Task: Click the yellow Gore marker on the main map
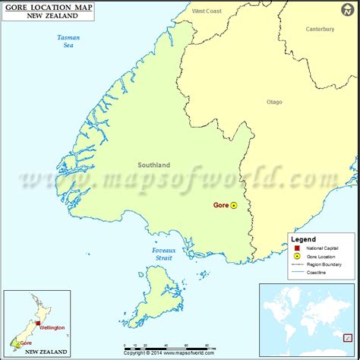(234, 205)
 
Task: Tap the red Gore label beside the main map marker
(220, 205)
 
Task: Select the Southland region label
(153, 165)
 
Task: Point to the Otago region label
(274, 101)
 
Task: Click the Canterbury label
(320, 30)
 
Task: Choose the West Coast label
(207, 11)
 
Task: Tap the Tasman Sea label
(68, 42)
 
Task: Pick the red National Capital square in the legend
(295, 248)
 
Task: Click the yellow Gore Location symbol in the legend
(295, 255)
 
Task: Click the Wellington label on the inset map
(52, 327)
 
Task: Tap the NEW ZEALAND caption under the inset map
(46, 353)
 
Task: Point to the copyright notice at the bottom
(179, 352)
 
